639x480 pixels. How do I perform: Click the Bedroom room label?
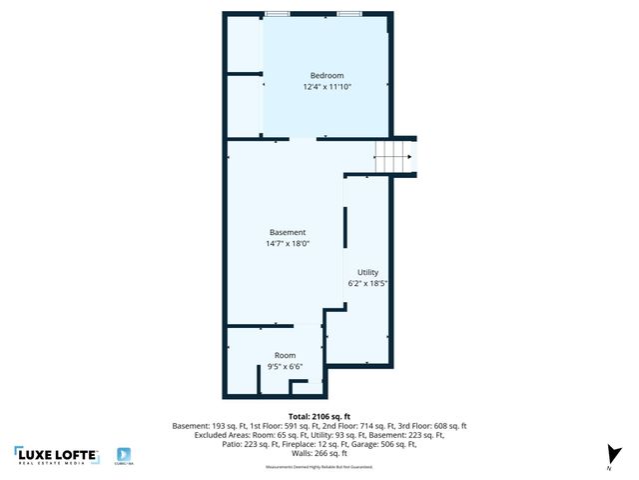click(x=326, y=76)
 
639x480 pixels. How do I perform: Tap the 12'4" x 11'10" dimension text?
click(x=326, y=88)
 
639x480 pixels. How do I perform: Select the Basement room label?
click(x=288, y=232)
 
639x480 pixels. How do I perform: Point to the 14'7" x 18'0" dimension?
click(x=288, y=244)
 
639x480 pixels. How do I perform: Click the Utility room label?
click(x=367, y=272)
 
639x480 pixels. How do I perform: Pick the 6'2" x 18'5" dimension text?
click(x=367, y=284)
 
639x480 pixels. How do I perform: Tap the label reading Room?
click(x=286, y=355)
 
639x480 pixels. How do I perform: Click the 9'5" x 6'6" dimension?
click(x=286, y=367)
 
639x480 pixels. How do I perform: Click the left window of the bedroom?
click(x=278, y=14)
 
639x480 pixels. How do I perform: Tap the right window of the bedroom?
click(x=348, y=14)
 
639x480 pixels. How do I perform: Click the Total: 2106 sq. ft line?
click(x=319, y=415)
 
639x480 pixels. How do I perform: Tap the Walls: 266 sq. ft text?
click(x=319, y=453)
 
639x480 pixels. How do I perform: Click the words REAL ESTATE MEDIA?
click(x=57, y=462)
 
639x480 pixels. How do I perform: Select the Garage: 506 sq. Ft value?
click(x=397, y=444)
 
